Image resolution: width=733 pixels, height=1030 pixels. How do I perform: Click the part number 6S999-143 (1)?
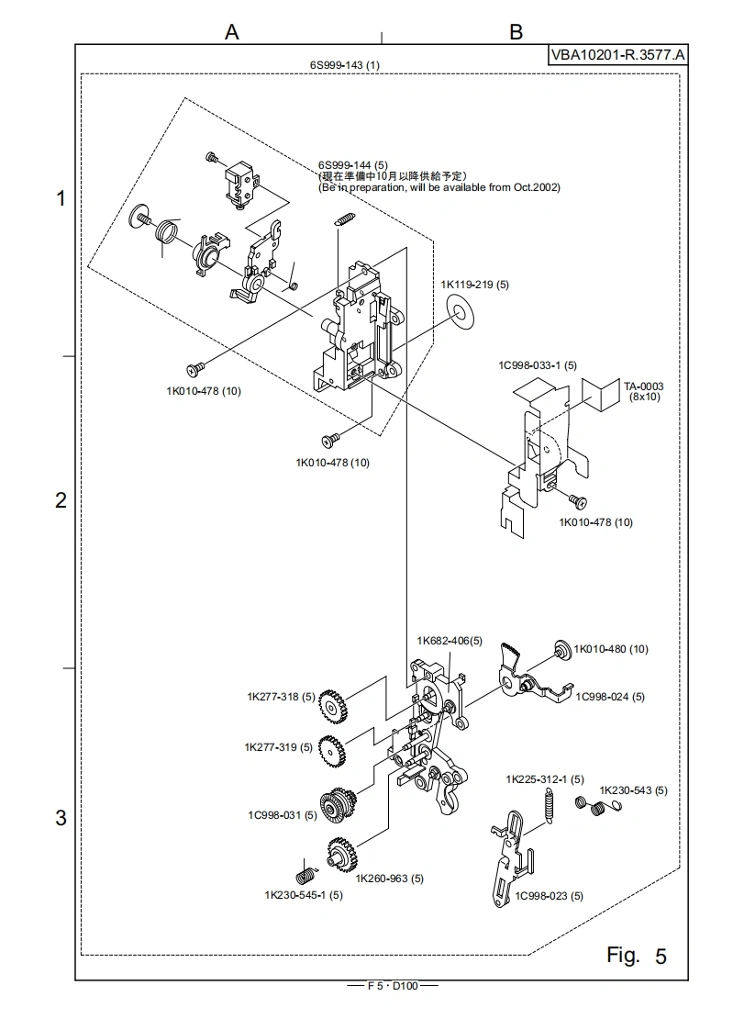(345, 64)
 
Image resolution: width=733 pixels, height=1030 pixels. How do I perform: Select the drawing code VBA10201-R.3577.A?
(617, 55)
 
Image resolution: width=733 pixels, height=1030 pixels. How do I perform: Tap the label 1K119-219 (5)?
(474, 285)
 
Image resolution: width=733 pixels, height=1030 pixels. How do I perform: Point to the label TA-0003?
(644, 386)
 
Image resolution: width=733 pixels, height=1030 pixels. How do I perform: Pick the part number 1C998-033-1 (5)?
(538, 365)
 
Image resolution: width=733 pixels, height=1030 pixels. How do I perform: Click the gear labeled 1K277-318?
(334, 708)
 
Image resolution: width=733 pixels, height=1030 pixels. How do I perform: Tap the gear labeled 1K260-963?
(340, 857)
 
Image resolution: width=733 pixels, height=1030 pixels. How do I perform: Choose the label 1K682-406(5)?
(450, 641)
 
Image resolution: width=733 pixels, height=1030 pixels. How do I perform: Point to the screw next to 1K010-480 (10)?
(560, 650)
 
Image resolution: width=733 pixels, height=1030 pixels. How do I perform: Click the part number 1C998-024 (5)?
(610, 697)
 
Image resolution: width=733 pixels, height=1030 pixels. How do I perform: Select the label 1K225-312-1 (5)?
(545, 779)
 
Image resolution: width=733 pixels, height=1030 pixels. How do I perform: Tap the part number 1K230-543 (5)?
(633, 790)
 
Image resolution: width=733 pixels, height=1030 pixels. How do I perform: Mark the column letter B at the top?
(516, 32)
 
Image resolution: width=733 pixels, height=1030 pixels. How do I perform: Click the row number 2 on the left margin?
(61, 501)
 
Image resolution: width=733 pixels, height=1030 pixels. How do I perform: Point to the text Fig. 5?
(637, 956)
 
